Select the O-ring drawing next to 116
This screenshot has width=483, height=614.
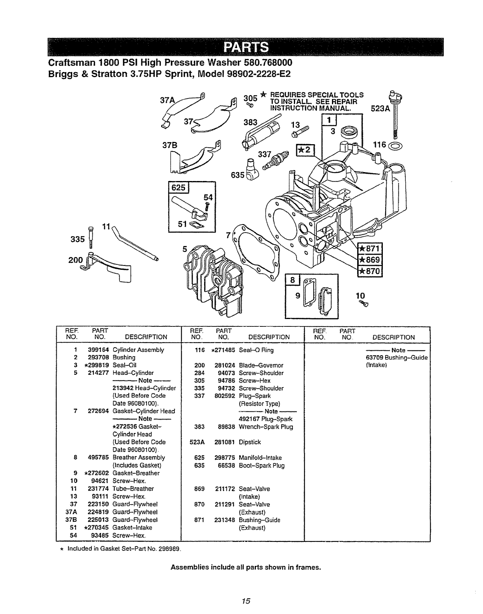pyautogui.click(x=398, y=146)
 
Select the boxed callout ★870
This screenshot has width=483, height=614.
pyautogui.click(x=370, y=271)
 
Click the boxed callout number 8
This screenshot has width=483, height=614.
pyautogui.click(x=292, y=280)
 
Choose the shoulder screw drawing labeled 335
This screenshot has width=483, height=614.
pyautogui.click(x=91, y=237)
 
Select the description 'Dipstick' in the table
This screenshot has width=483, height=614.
pyautogui.click(x=250, y=442)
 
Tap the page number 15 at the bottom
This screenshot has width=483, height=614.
pyautogui.click(x=245, y=601)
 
